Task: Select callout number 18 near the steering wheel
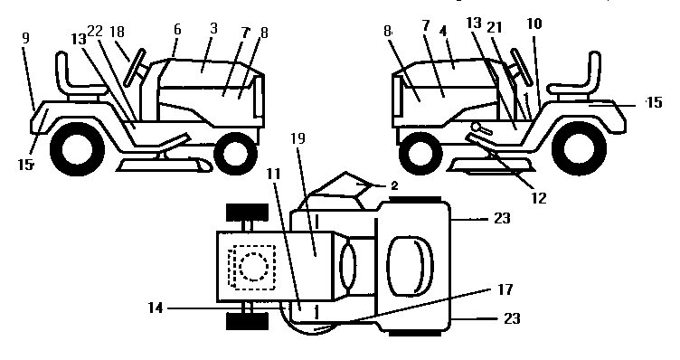click(118, 33)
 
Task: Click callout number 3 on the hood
click(212, 30)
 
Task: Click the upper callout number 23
click(503, 218)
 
